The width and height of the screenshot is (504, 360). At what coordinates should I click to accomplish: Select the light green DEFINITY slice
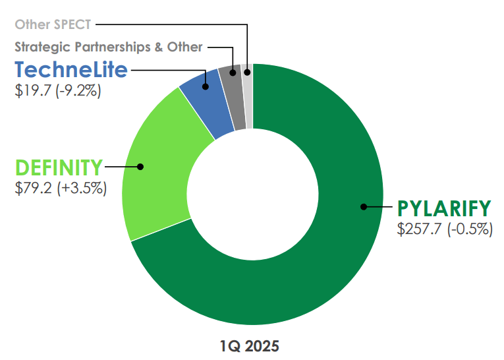158,171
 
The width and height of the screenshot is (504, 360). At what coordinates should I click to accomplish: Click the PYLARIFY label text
444,208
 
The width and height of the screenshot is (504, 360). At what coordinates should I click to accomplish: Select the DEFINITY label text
59,167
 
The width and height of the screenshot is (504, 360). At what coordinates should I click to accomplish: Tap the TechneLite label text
71,70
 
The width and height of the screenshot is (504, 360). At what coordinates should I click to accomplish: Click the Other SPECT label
53,25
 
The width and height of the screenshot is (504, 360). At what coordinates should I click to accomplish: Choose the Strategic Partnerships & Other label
109,47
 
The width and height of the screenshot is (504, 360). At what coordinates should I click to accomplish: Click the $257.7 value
420,229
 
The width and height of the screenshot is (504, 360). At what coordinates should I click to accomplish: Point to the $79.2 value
35,188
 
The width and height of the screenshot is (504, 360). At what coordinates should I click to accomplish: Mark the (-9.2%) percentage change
80,90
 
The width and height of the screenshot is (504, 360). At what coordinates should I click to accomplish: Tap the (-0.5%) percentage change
470,229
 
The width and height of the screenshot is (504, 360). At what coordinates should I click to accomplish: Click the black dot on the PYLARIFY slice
363,207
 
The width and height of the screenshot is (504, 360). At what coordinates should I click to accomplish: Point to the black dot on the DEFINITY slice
140,167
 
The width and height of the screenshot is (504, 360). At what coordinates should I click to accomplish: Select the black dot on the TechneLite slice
206,86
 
